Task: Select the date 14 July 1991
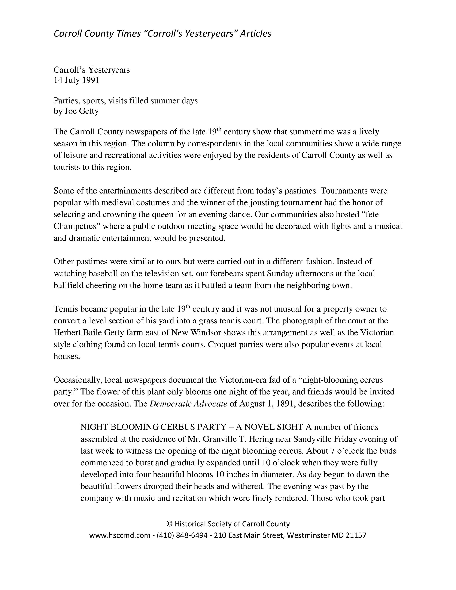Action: coord(76,80)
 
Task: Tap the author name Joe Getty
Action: coord(82,111)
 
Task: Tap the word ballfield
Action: coord(68,286)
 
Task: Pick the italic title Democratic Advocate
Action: coord(188,404)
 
